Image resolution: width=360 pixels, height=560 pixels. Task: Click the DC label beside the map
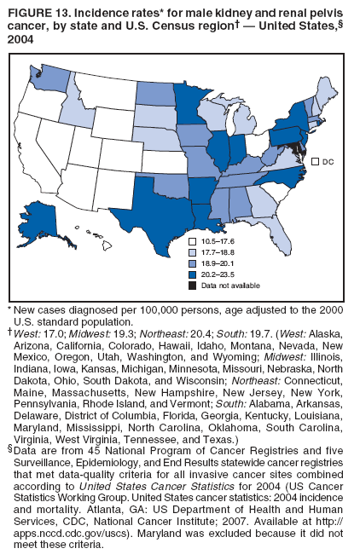328,161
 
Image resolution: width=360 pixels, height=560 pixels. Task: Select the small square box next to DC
315,161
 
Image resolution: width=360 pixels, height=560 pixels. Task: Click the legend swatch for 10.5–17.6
194,241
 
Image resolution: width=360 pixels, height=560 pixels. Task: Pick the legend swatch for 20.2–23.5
194,274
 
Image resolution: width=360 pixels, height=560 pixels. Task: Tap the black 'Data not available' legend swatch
194,286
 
